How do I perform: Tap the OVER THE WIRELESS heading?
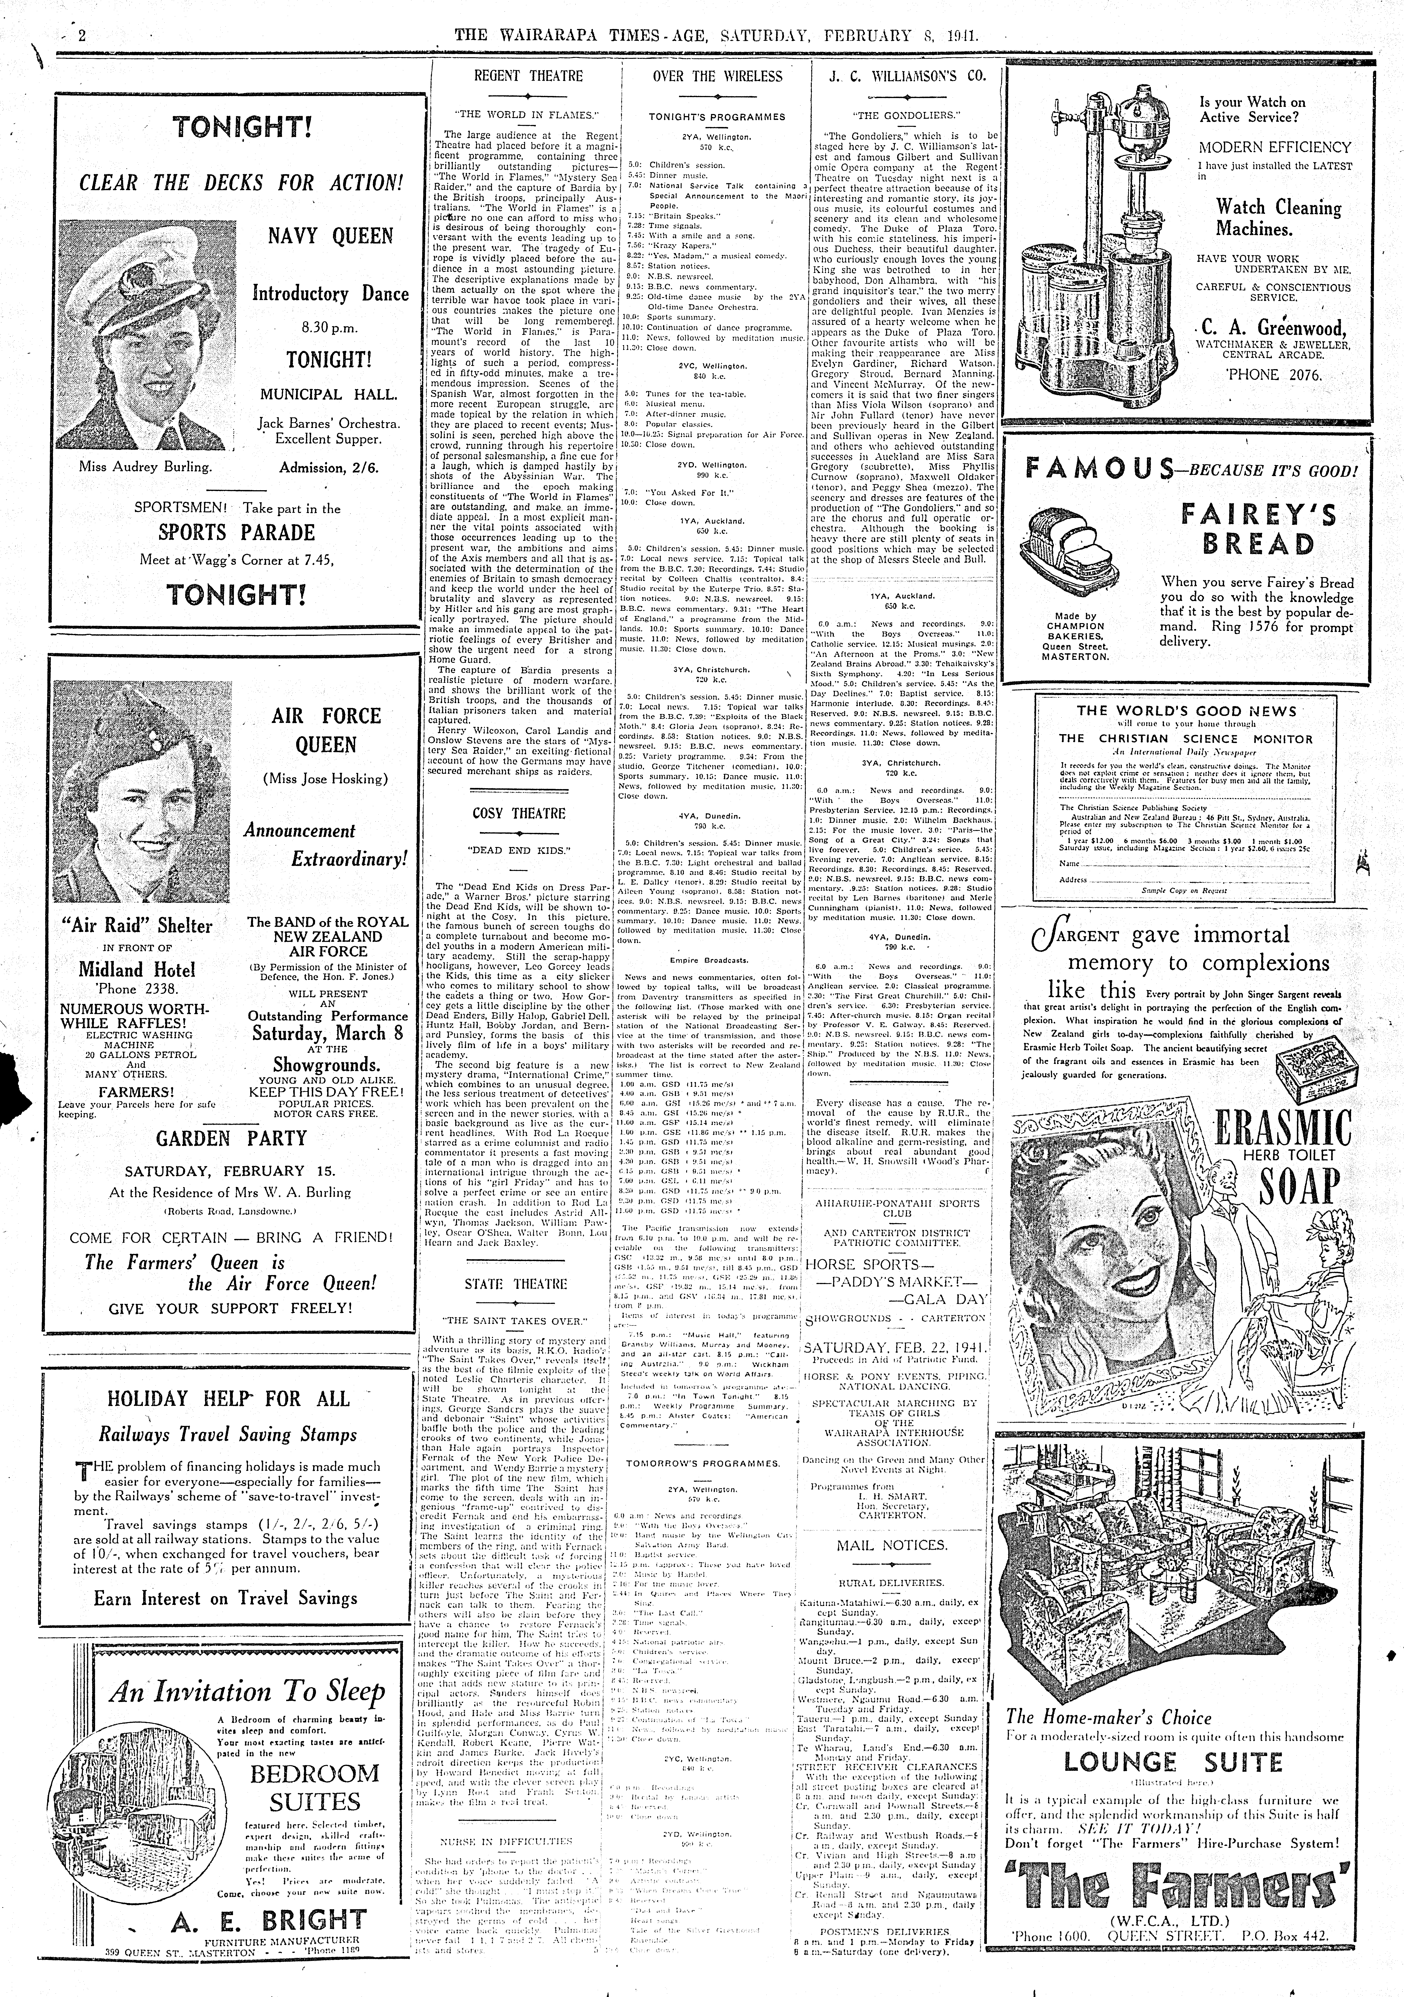click(718, 77)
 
